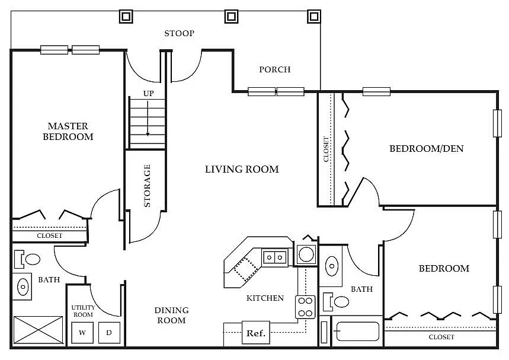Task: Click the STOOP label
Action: (x=179, y=33)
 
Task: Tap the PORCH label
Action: (x=274, y=69)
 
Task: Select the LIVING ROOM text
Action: (x=242, y=169)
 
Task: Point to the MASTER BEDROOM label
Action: (x=68, y=131)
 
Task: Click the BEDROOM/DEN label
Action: (x=426, y=148)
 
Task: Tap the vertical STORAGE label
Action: (x=147, y=186)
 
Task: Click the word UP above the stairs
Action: (x=148, y=94)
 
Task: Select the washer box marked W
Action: (x=82, y=332)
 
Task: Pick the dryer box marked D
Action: (x=110, y=332)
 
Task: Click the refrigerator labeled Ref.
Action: (x=256, y=333)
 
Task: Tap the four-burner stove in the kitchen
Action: (x=306, y=307)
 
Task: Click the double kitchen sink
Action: (x=274, y=257)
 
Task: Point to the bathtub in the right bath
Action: (x=358, y=332)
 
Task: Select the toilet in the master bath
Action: (x=27, y=259)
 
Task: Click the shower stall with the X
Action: (x=38, y=330)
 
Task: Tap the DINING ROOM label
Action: (x=171, y=315)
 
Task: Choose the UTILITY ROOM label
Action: (x=83, y=311)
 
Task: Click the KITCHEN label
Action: (x=265, y=298)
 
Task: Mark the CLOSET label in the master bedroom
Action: (x=50, y=235)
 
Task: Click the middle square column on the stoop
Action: (x=231, y=16)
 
